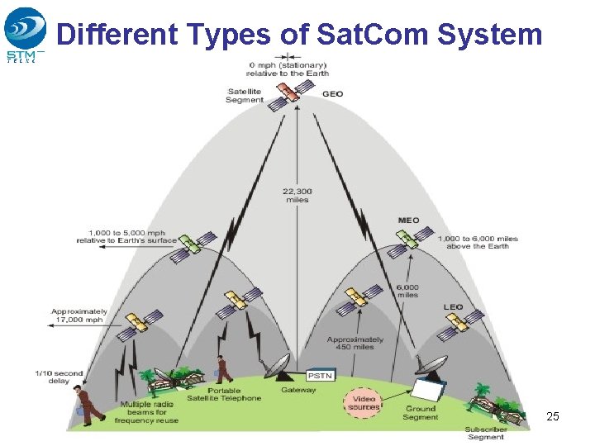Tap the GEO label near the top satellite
(x=332, y=94)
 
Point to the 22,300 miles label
(x=296, y=195)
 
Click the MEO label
(x=408, y=221)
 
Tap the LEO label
(x=453, y=307)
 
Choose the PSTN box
(x=321, y=376)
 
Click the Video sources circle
(x=364, y=402)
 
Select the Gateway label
(x=297, y=390)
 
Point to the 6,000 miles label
(x=407, y=291)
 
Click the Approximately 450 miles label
(x=355, y=343)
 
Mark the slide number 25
(x=553, y=416)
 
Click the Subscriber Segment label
(x=485, y=433)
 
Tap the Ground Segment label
(x=421, y=412)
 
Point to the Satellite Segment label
(x=244, y=95)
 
